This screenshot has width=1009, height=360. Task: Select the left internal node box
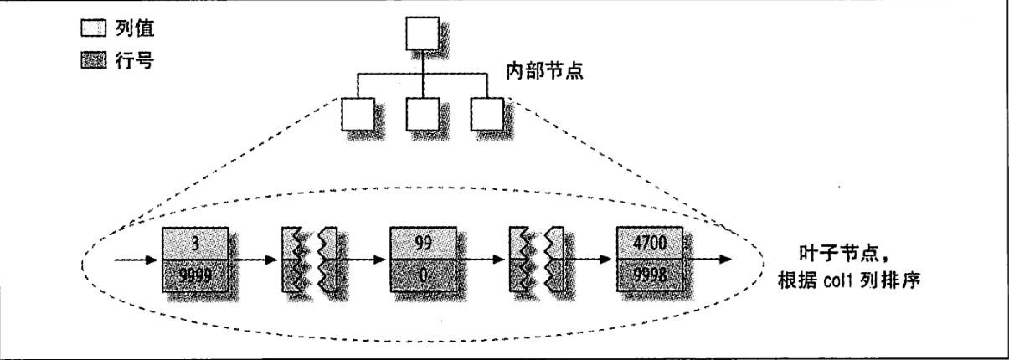(358, 115)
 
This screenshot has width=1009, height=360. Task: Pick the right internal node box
(486, 115)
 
